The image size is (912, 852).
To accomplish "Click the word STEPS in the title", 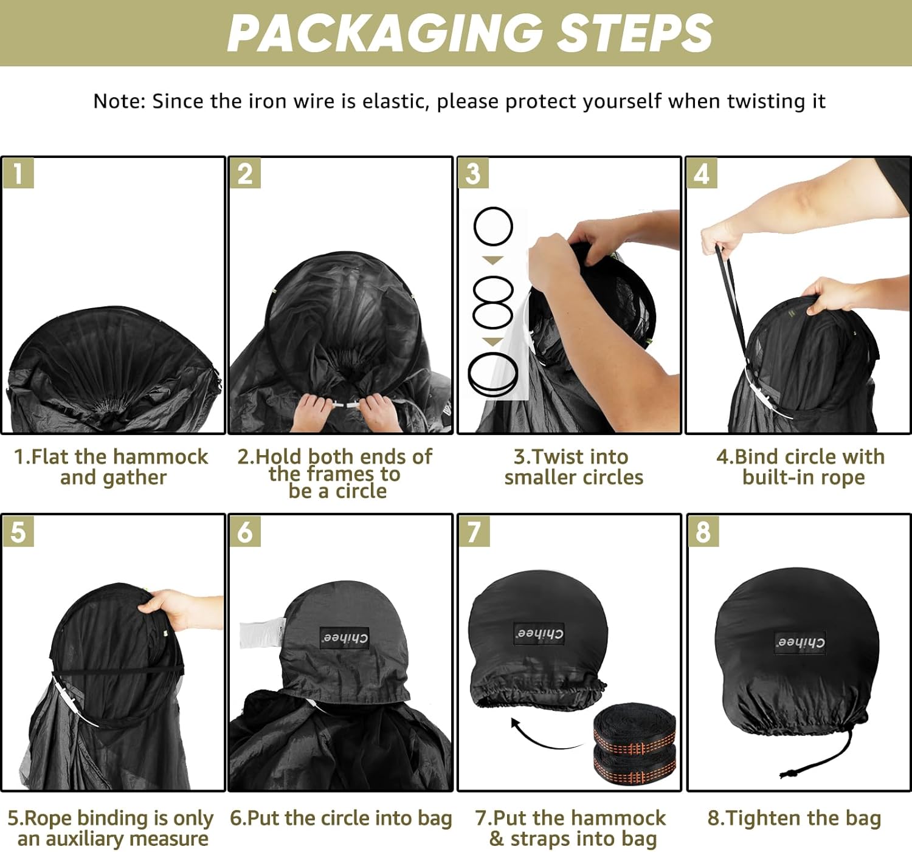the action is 634,33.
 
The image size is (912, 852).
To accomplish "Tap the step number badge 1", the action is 18,173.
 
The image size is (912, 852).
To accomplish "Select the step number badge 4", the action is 702,173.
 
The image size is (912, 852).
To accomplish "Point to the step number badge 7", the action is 474,532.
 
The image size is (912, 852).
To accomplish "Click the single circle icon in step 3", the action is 493,226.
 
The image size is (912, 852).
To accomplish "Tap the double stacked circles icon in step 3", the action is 492,302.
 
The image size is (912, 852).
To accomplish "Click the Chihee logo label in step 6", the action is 344,638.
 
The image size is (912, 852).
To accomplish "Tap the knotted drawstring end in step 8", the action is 789,773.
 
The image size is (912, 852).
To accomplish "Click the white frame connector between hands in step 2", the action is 345,406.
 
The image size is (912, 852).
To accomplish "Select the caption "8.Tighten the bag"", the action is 795,817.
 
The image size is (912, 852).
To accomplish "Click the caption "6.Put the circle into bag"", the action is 340,818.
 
